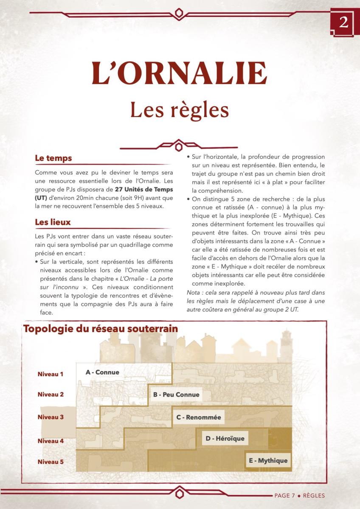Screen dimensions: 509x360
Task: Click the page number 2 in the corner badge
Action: click(x=343, y=22)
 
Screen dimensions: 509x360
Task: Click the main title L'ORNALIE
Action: click(x=180, y=73)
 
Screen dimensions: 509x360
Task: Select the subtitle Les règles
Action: click(x=180, y=109)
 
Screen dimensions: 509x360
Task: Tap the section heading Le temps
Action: click(x=53, y=158)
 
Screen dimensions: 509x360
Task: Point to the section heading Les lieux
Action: click(x=53, y=222)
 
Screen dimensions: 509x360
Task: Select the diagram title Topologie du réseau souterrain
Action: click(x=101, y=329)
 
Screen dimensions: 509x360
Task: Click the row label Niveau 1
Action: click(x=51, y=374)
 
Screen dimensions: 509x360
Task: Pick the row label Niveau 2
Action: click(x=51, y=394)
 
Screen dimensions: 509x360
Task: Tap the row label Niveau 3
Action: click(x=51, y=417)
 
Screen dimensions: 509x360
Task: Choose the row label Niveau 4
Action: click(x=51, y=441)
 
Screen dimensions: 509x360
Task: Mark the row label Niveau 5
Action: click(x=51, y=461)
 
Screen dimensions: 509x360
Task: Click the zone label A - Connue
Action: click(x=102, y=372)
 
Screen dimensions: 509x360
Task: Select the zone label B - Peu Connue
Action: click(x=176, y=394)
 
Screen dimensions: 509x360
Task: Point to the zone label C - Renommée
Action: click(x=199, y=417)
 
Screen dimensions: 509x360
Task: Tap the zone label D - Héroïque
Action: click(x=225, y=439)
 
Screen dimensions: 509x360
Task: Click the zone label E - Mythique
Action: click(x=268, y=461)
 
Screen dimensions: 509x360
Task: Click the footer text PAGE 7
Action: click(x=284, y=495)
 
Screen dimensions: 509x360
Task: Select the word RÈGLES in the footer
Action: click(x=314, y=495)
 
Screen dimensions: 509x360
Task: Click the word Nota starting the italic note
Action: click(x=194, y=293)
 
